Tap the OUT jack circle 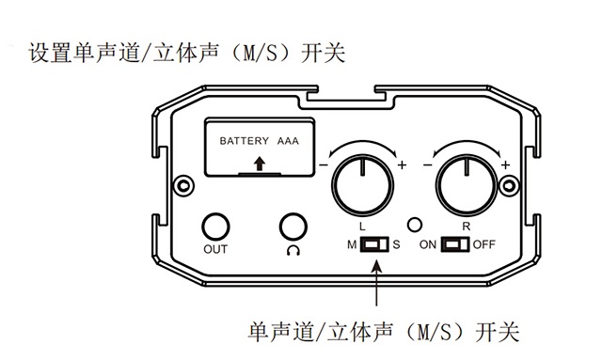tap(215, 227)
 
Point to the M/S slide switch tap(375, 245)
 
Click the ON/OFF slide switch tap(456, 245)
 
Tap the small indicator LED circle tap(414, 226)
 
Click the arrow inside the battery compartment tap(260, 165)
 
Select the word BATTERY tap(245, 141)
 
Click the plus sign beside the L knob tap(404, 166)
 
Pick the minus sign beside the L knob tap(323, 166)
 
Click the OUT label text tap(215, 250)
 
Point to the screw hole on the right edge tap(512, 187)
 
